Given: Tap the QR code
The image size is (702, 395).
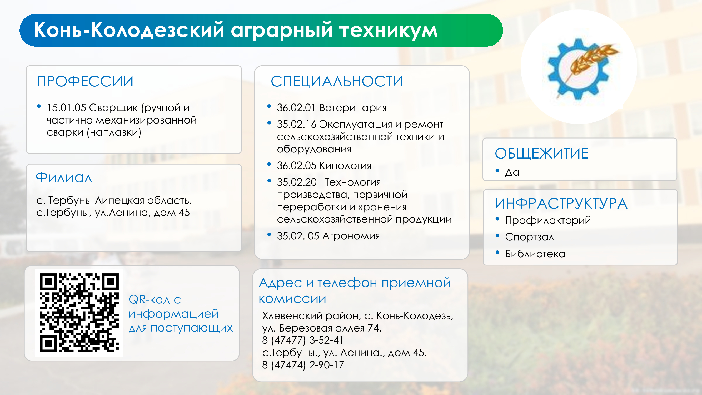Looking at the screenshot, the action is point(79,313).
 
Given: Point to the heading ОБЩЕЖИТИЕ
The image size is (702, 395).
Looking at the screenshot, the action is point(542,154).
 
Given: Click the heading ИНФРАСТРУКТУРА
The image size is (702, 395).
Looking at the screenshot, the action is point(561,203).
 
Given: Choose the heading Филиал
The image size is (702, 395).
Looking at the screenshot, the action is point(64,177).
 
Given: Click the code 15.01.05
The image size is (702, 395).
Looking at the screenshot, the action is point(67,108).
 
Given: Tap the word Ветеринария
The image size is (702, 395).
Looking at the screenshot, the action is point(353,108).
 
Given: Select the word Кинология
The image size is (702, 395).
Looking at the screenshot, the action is point(345,165).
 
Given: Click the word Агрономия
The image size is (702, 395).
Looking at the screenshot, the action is point(351,236).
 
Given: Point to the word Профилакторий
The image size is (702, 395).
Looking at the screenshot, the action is point(548,220).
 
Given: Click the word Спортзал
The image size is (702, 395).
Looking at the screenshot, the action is point(530,237).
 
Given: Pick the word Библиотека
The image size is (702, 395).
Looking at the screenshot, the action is point(535,254).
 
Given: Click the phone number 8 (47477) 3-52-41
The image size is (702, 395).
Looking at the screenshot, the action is point(303,340).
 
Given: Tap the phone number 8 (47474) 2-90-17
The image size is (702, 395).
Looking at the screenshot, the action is point(303,365).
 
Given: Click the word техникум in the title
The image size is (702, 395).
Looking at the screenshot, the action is point(388,30).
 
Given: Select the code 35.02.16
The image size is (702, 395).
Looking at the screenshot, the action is point(296,124).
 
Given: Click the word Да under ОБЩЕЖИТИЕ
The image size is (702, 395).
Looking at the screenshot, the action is point(512,172).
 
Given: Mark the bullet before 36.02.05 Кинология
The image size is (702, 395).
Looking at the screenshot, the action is point(269,164).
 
